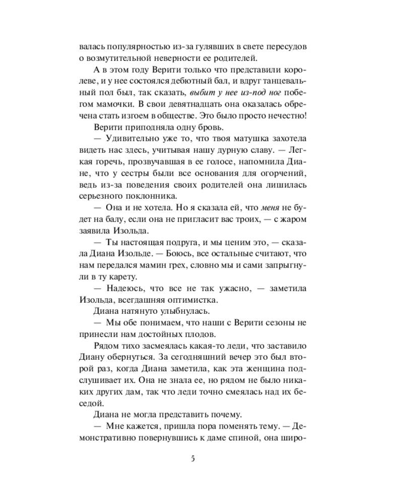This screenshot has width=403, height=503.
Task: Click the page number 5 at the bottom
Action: (193, 458)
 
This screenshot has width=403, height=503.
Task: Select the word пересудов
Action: (283, 47)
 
